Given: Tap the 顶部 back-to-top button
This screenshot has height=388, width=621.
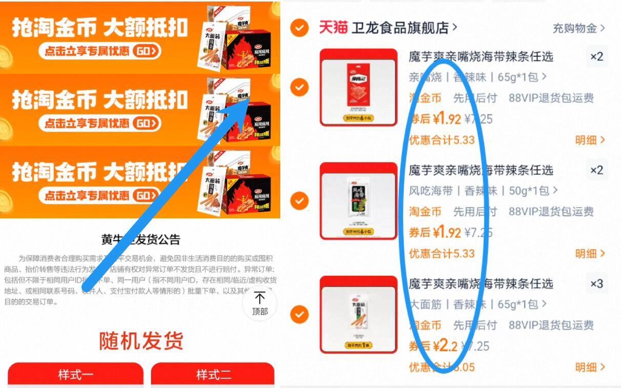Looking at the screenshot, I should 260,304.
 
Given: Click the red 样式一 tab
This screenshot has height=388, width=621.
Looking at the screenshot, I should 75,375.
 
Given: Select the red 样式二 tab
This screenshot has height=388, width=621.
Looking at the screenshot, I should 213,375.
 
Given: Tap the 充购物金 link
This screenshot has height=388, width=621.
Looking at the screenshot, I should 578,28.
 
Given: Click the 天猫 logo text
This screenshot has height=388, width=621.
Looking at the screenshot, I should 333,28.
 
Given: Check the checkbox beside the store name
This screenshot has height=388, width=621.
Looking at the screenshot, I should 299,28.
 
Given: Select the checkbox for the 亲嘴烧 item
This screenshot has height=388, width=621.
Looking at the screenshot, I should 299,87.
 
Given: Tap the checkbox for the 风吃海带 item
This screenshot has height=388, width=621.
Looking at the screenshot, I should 299,200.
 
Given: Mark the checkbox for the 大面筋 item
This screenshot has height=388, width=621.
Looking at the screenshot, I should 299,314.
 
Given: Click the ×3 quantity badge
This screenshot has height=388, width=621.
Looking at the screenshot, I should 597,283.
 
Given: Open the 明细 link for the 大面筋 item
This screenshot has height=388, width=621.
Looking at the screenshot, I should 589,367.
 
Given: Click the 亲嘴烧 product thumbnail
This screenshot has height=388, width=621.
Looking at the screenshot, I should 358,87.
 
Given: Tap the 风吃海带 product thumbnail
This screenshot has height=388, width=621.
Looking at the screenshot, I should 358,201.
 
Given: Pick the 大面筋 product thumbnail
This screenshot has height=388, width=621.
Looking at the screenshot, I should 358,314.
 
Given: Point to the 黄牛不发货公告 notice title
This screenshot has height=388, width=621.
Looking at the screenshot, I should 141,239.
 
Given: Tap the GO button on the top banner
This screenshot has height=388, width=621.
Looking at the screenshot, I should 147,51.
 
